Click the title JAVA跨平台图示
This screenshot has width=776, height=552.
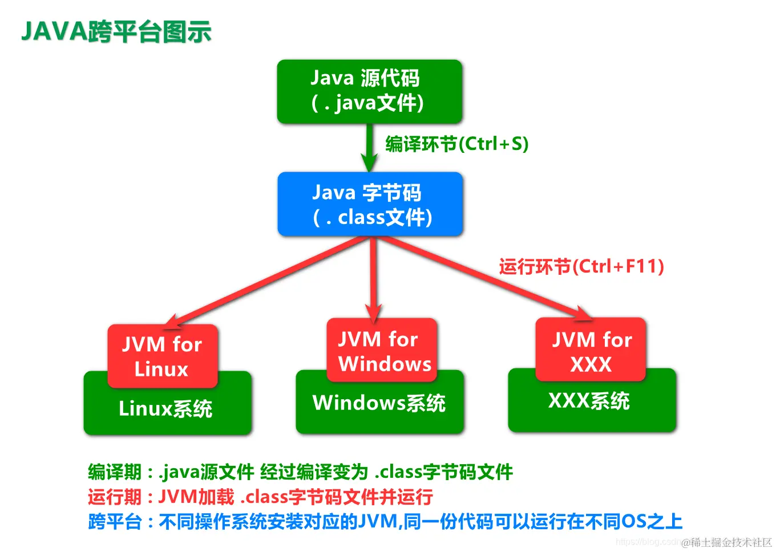116,32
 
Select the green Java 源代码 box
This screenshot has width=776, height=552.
369,91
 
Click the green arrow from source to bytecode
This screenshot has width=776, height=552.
369,147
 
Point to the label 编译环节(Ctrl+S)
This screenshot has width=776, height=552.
456,144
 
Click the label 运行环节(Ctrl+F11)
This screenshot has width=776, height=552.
581,266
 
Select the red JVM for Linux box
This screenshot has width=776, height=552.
162,356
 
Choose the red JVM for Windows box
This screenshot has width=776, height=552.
381,350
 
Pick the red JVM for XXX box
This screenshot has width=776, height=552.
591,350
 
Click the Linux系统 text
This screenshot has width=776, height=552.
165,409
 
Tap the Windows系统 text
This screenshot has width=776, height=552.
379,403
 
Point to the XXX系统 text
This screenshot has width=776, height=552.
589,401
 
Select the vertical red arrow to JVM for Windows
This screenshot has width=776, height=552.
374,279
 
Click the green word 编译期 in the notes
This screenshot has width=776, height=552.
114,472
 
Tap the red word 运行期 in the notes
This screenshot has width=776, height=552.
114,497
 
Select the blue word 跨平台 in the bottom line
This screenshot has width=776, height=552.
114,521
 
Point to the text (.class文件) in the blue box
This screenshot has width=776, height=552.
372,218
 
